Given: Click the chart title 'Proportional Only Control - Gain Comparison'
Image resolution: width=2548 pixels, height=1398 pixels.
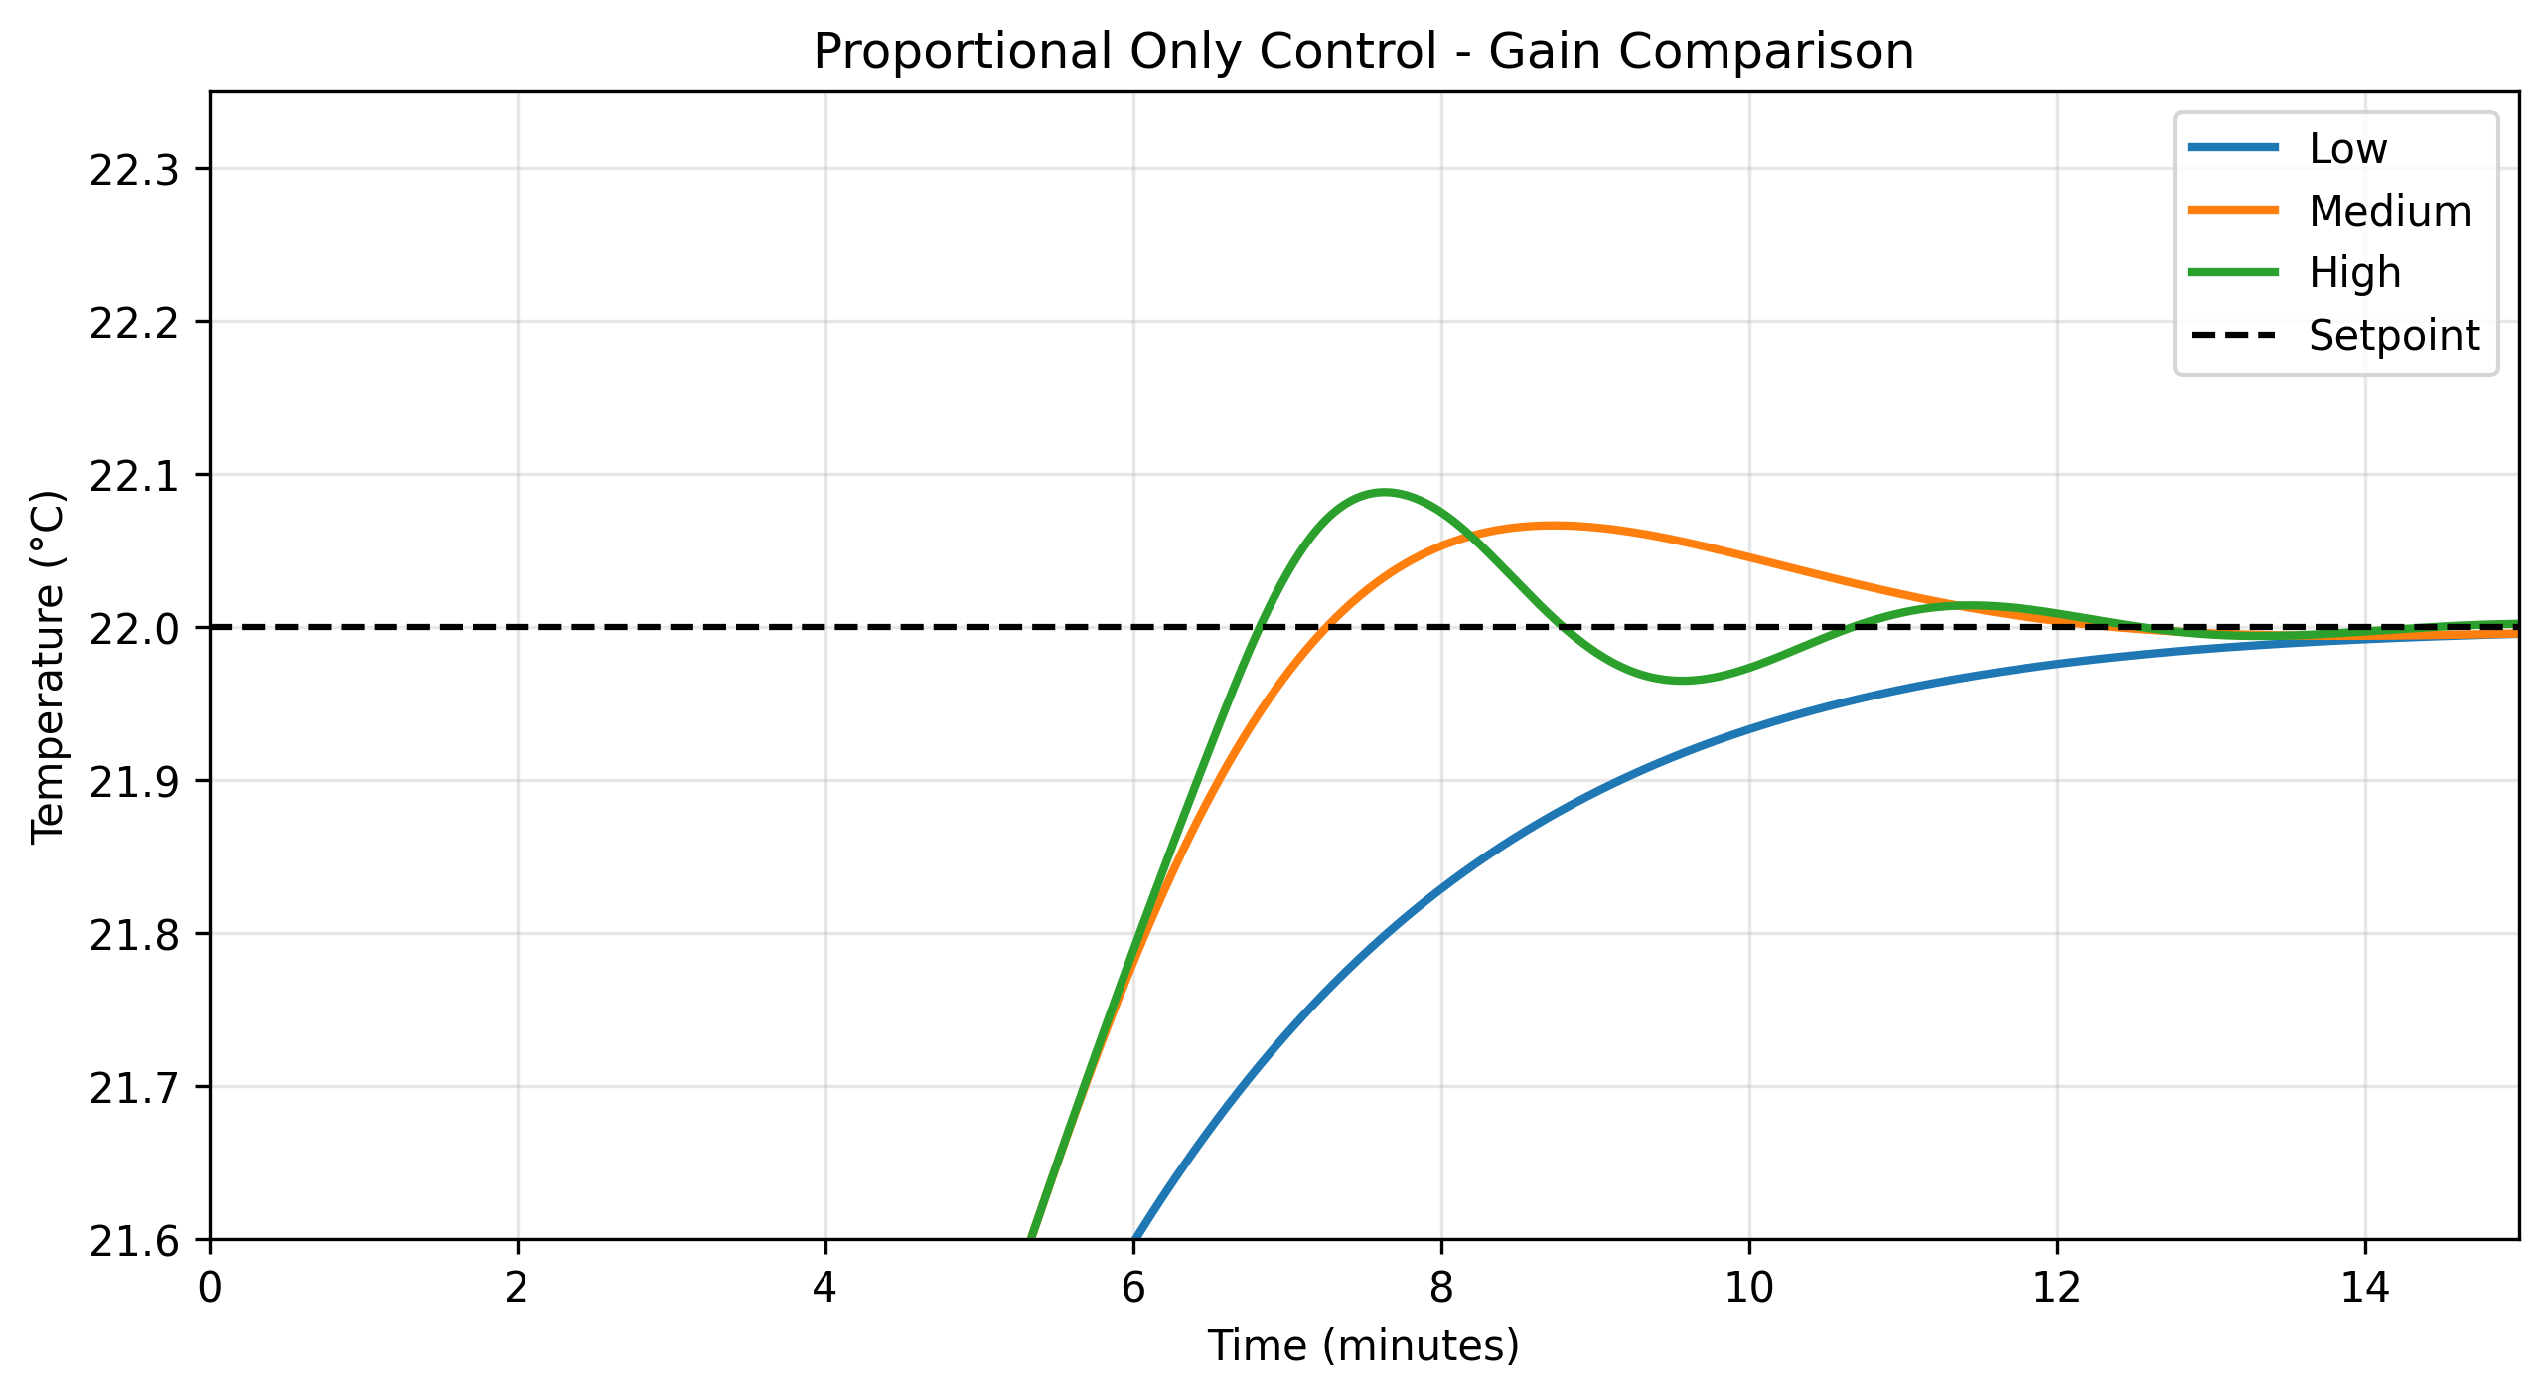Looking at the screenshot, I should (1363, 52).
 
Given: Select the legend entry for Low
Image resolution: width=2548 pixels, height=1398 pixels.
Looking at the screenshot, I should (2347, 149).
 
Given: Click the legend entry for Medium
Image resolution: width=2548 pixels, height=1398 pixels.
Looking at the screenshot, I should (2389, 212).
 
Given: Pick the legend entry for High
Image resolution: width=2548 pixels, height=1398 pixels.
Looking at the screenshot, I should (2354, 273).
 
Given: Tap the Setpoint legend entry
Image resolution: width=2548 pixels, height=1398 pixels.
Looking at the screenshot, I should (2394, 336).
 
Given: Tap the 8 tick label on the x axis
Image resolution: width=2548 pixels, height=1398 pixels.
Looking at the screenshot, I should (1441, 1288).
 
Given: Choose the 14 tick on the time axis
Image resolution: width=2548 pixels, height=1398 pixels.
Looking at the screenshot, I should (2364, 1288).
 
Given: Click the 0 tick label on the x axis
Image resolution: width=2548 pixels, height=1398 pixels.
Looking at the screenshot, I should (210, 1288).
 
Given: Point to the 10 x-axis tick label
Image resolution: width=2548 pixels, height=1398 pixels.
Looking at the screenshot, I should (1748, 1288).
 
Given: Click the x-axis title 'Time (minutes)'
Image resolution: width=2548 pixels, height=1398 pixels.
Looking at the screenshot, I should (1363, 1346).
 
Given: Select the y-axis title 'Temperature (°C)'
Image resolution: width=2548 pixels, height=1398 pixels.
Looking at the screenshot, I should (48, 666).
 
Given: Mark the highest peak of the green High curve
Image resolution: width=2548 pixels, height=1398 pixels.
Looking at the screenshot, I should (1383, 492).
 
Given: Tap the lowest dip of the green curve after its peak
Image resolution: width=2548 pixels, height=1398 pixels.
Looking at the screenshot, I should (1681, 681).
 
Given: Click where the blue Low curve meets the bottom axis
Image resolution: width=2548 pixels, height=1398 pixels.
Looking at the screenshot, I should (1134, 1237).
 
